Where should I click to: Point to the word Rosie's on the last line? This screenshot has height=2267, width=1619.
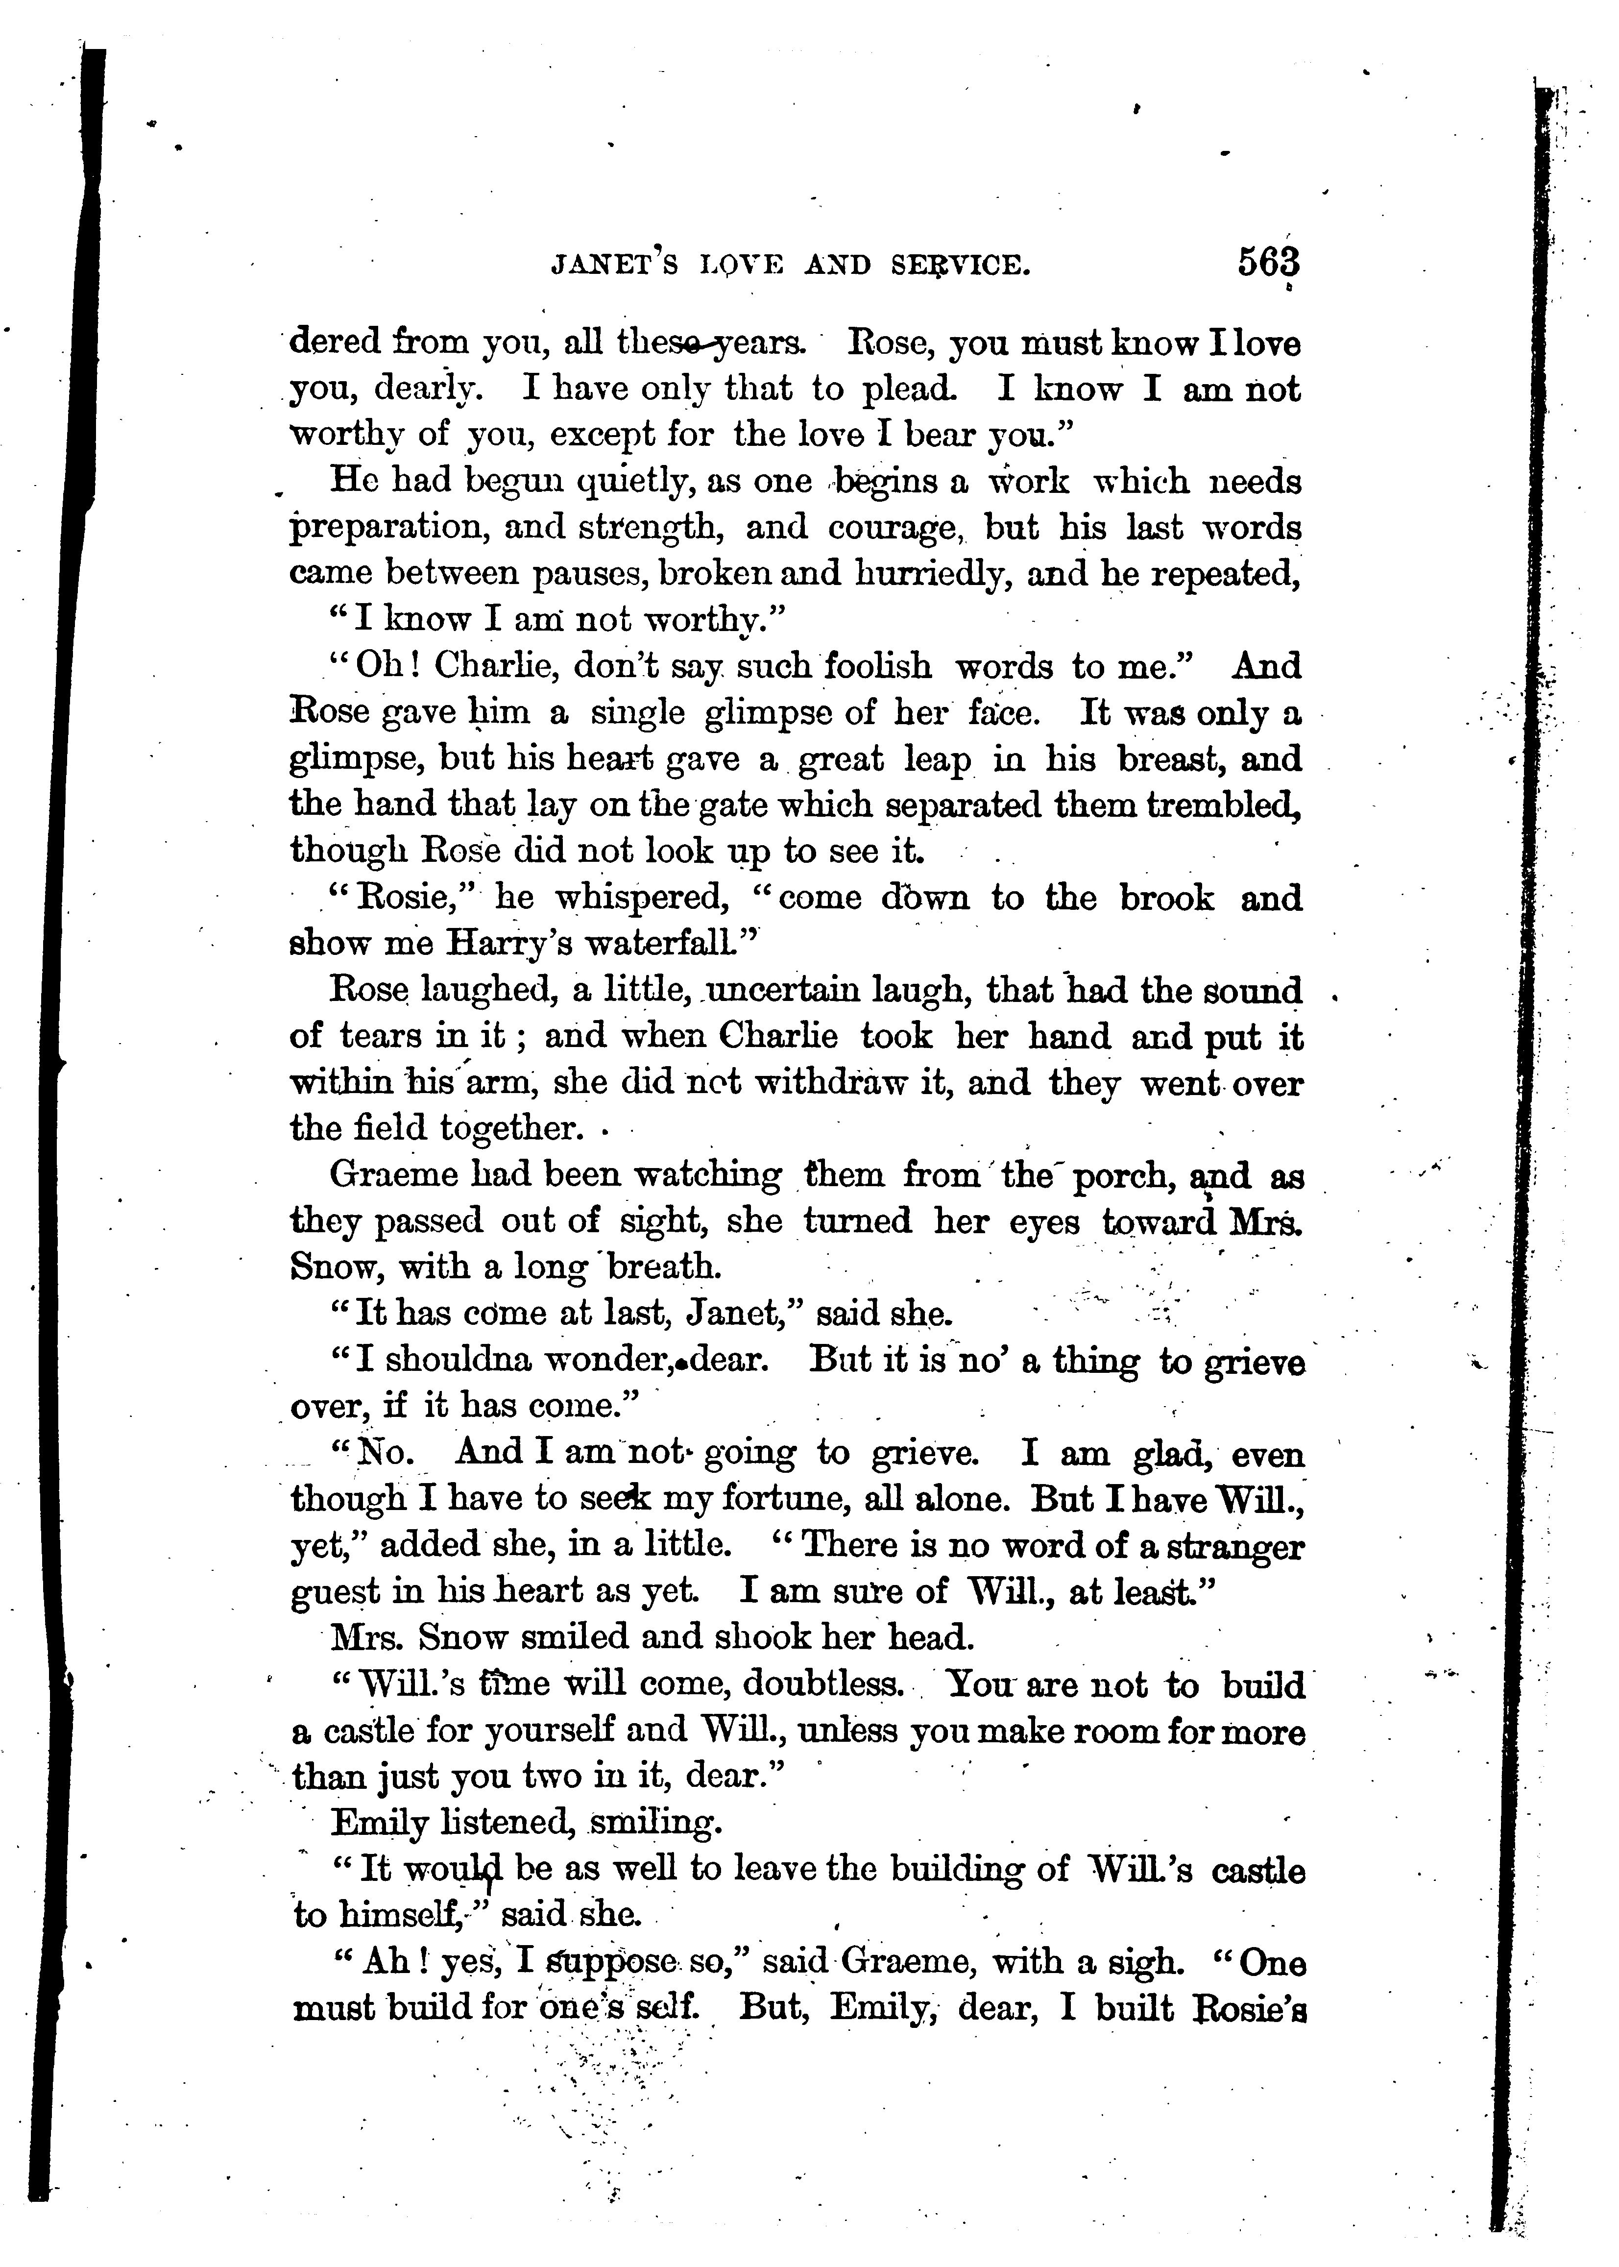pyautogui.click(x=1249, y=2008)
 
